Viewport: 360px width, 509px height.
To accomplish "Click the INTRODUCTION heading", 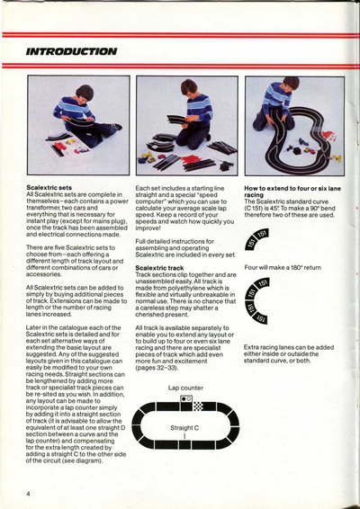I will tap(71, 52).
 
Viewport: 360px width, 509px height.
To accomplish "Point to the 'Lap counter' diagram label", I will tap(185, 387).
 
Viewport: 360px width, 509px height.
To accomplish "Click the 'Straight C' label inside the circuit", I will tap(186, 427).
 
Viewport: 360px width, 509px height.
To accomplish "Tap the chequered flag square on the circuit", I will tap(197, 398).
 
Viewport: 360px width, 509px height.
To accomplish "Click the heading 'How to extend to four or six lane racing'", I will tap(289, 190).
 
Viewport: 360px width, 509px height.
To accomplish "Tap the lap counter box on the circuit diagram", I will tap(185, 398).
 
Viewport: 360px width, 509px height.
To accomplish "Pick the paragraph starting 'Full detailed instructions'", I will tap(183, 248).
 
